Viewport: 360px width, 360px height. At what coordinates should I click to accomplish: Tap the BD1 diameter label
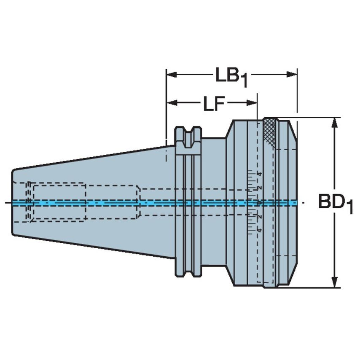[x=335, y=203]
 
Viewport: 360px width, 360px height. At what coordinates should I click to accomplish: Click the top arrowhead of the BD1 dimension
[x=335, y=123]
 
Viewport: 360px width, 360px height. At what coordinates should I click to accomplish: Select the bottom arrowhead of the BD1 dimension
[x=335, y=283]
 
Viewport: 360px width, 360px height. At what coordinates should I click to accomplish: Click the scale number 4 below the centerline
[x=260, y=230]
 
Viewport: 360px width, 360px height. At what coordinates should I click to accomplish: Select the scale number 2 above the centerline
[x=260, y=188]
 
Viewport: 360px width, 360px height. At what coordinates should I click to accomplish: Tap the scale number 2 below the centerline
[x=260, y=217]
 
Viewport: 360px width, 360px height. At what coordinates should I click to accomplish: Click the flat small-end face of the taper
[x=12, y=202]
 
